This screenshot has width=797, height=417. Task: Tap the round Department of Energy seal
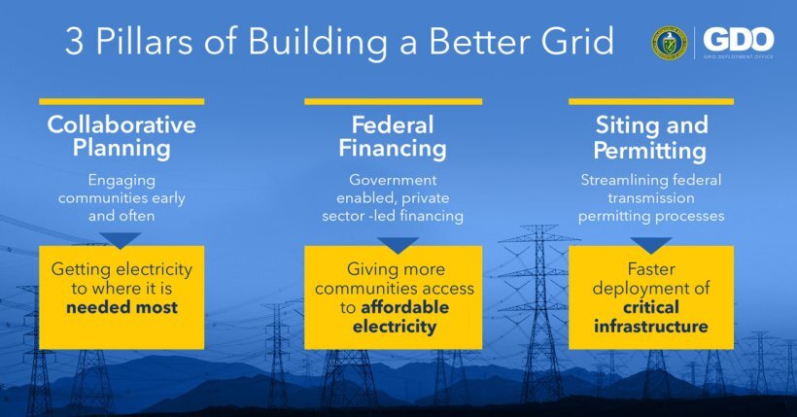[671, 42]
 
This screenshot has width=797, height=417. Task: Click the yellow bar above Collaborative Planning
[121, 101]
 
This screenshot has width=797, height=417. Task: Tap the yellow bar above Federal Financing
[393, 101]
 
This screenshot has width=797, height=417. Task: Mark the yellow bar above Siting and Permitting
[651, 101]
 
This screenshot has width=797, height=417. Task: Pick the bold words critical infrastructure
[651, 317]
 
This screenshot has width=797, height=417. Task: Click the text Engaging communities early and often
[121, 197]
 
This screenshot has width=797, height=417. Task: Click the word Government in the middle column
[393, 180]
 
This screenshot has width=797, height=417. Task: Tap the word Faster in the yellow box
[651, 269]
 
